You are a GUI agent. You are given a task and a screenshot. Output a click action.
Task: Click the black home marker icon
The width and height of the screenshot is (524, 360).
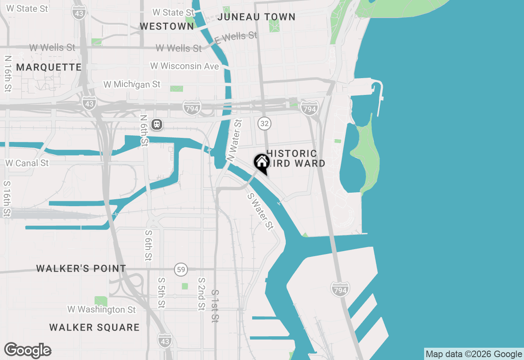click(262, 162)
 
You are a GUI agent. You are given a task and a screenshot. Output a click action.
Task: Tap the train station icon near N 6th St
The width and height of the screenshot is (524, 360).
click(156, 124)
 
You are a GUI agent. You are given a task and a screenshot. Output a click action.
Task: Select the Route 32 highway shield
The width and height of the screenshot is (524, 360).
click(264, 123)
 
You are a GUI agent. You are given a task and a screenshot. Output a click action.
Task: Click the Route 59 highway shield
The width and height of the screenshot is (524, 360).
click(181, 270)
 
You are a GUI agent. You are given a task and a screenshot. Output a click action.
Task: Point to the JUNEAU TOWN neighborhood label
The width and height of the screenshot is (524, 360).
click(256, 17)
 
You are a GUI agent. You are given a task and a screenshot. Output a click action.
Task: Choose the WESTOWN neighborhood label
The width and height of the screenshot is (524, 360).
click(167, 26)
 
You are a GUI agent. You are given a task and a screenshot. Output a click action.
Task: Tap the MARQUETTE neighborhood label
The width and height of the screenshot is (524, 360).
click(49, 67)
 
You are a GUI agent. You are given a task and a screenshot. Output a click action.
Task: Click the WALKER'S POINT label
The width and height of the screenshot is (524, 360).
click(81, 268)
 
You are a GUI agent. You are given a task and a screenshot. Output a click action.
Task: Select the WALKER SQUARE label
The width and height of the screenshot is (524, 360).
click(95, 327)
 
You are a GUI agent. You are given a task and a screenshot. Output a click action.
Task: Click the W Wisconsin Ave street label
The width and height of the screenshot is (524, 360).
click(184, 66)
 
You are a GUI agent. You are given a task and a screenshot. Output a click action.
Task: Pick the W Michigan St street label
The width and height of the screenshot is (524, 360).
click(132, 84)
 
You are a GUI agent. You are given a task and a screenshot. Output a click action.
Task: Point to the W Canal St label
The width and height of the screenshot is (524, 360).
click(27, 163)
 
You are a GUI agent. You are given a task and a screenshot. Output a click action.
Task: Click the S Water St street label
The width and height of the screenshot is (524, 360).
click(260, 211)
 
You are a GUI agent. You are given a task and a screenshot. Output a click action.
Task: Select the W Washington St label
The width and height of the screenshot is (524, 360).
click(102, 309)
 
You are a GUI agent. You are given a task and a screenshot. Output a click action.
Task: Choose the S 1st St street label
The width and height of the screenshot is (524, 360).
click(215, 306)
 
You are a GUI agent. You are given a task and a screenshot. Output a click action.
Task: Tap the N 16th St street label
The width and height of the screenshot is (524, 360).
click(8, 73)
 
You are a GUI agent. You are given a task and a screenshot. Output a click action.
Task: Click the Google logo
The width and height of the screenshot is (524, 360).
click(28, 351)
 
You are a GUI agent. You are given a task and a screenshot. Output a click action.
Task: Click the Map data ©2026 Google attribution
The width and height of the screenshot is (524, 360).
click(474, 354)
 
